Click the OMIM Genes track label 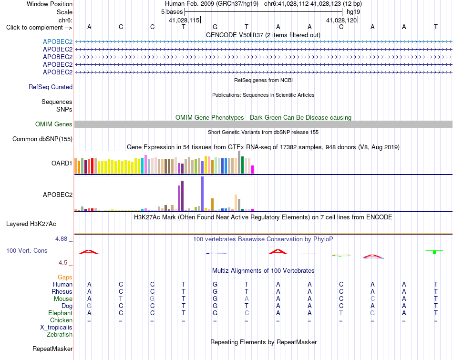tap(53, 124)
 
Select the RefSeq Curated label tap(51, 87)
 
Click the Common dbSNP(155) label tap(42, 139)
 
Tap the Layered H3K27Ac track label tap(31, 224)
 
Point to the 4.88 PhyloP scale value tap(61, 239)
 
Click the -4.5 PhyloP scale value tap(62, 263)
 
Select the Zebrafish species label tap(60, 335)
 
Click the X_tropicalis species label tap(56, 328)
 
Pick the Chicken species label tap(61, 320)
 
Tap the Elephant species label tap(61, 313)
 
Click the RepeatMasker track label tap(52, 349)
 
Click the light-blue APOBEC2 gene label tap(58, 41)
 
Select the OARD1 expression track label tap(62, 163)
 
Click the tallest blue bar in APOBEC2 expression tap(203, 194)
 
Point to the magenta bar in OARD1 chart tap(253, 169)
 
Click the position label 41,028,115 tap(184, 20)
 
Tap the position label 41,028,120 tap(341, 20)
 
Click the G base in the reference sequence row tap(215, 27)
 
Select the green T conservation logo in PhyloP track tap(434, 252)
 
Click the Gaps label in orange tap(65, 278)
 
